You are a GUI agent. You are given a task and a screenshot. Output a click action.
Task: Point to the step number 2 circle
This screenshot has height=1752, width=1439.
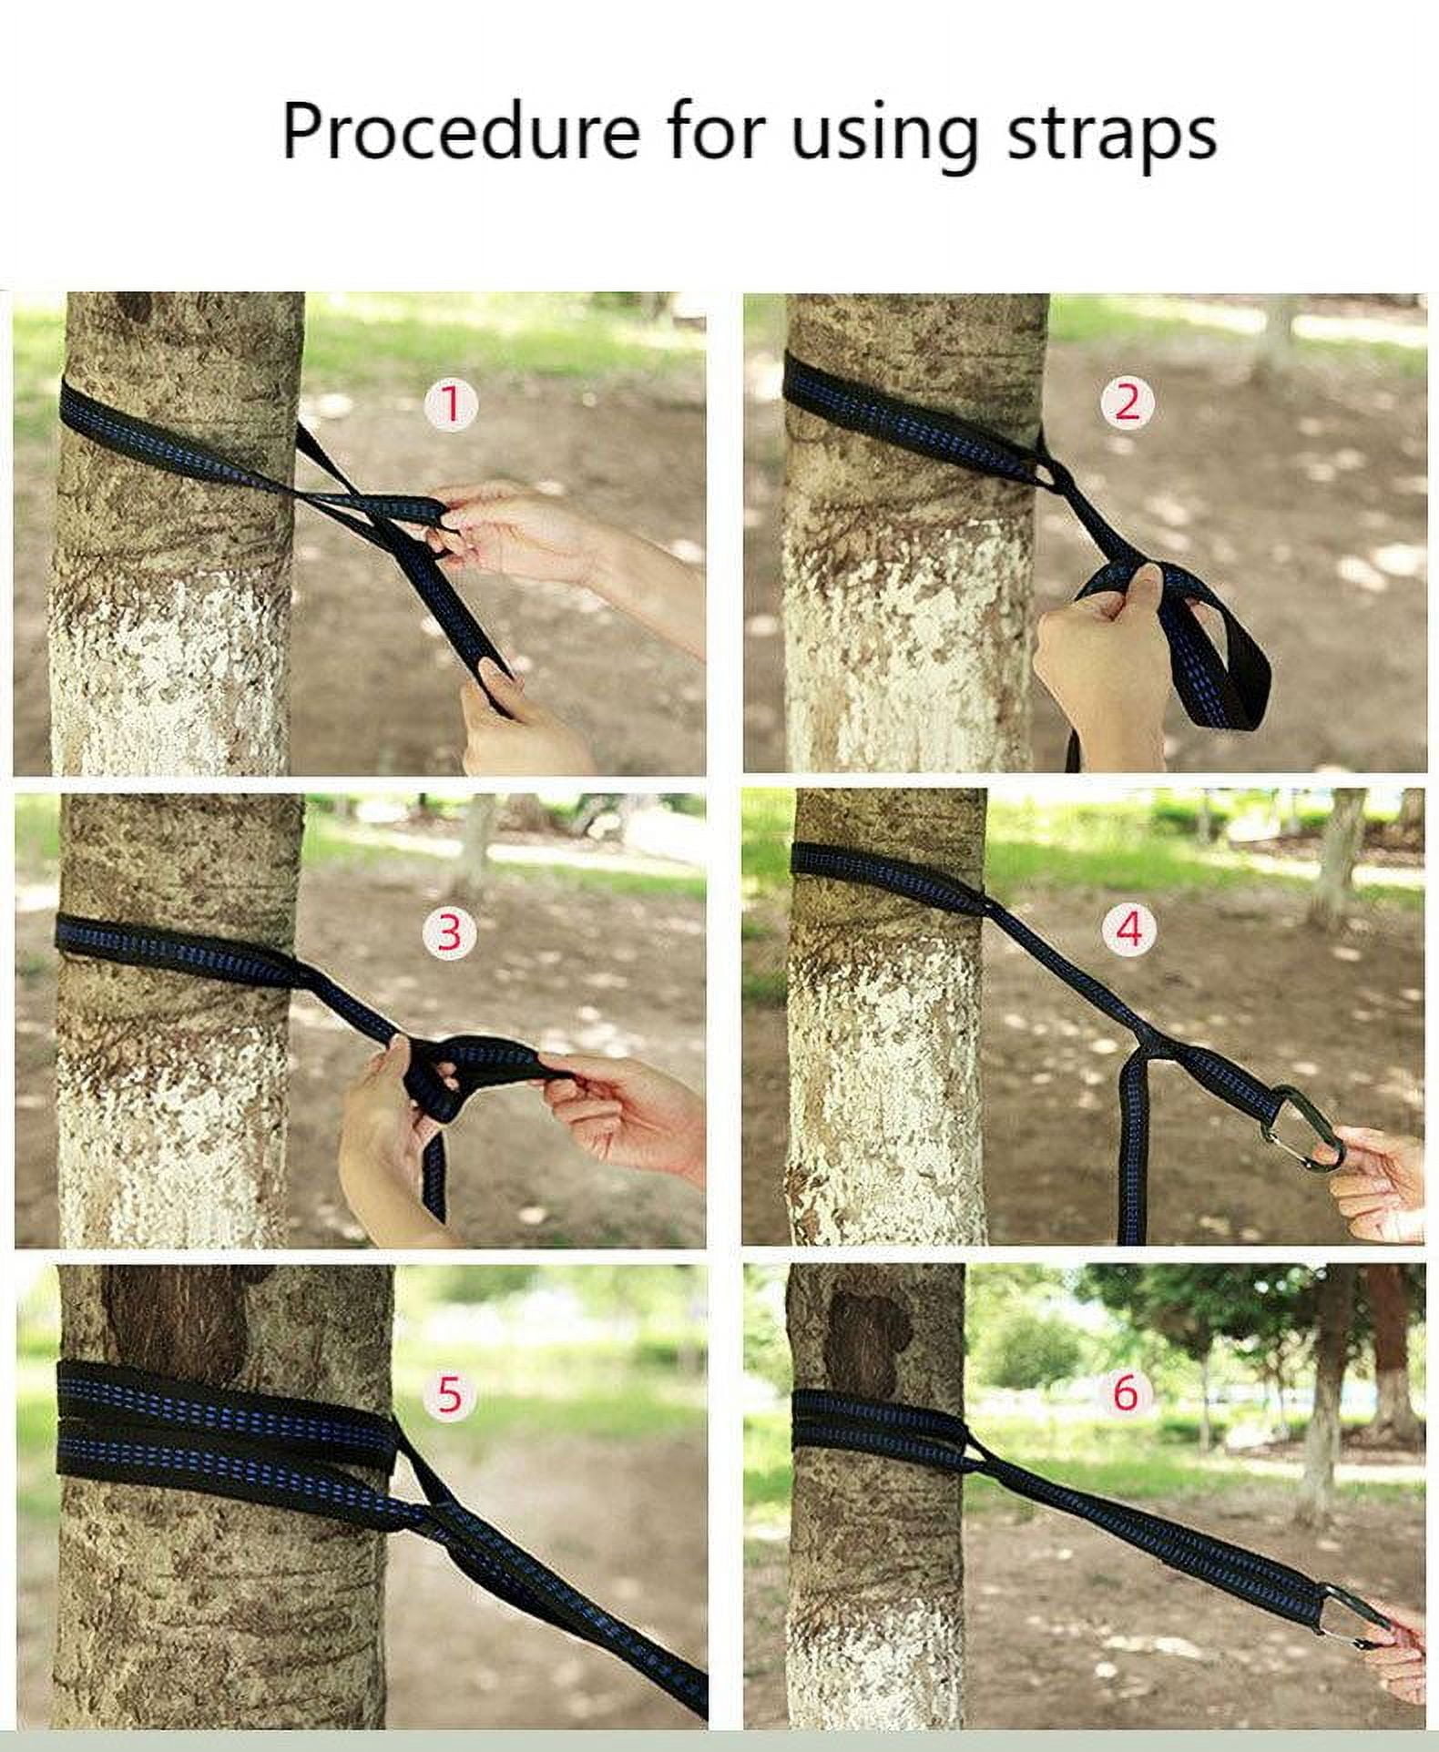pos(1127,402)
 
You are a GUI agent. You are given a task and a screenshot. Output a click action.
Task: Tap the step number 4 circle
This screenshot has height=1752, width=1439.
pos(1128,931)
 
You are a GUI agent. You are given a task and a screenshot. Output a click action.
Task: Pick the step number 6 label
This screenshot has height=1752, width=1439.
pos(1126,1393)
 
